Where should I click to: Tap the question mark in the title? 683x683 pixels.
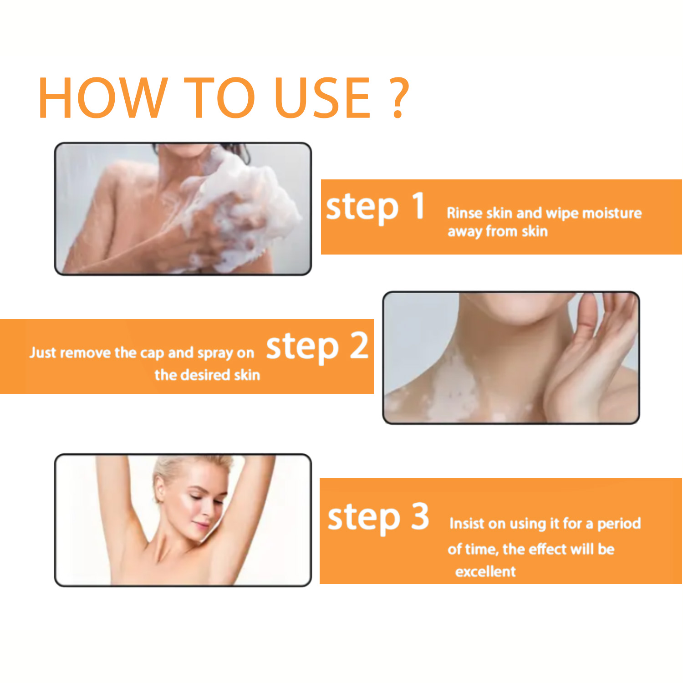click(399, 97)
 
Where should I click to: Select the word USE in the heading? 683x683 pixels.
click(323, 97)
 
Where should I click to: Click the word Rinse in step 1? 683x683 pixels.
click(464, 213)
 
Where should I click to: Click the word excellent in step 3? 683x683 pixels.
click(485, 571)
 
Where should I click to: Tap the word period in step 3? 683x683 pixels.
click(619, 524)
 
